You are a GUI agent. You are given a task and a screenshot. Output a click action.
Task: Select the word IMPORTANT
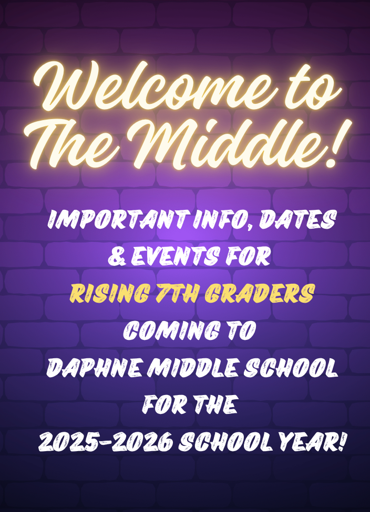click(x=118, y=219)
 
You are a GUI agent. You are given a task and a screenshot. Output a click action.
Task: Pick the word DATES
click(x=297, y=219)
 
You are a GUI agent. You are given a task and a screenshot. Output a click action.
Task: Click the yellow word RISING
click(x=110, y=293)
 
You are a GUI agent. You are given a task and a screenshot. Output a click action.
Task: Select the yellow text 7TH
click(x=177, y=293)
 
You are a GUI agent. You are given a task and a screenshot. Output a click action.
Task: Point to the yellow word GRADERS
click(x=260, y=293)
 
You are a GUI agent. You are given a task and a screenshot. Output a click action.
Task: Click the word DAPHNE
click(x=95, y=368)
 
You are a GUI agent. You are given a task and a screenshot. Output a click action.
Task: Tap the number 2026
click(x=142, y=442)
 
